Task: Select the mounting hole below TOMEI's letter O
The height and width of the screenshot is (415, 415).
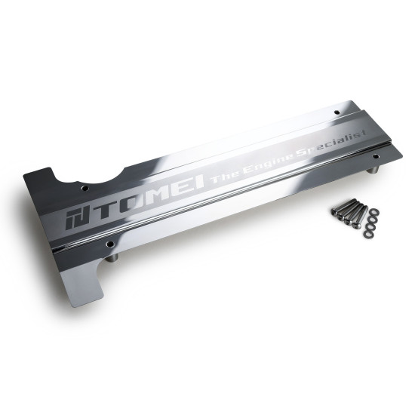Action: tap(110, 244)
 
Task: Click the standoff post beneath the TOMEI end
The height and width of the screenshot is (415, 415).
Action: tap(112, 258)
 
